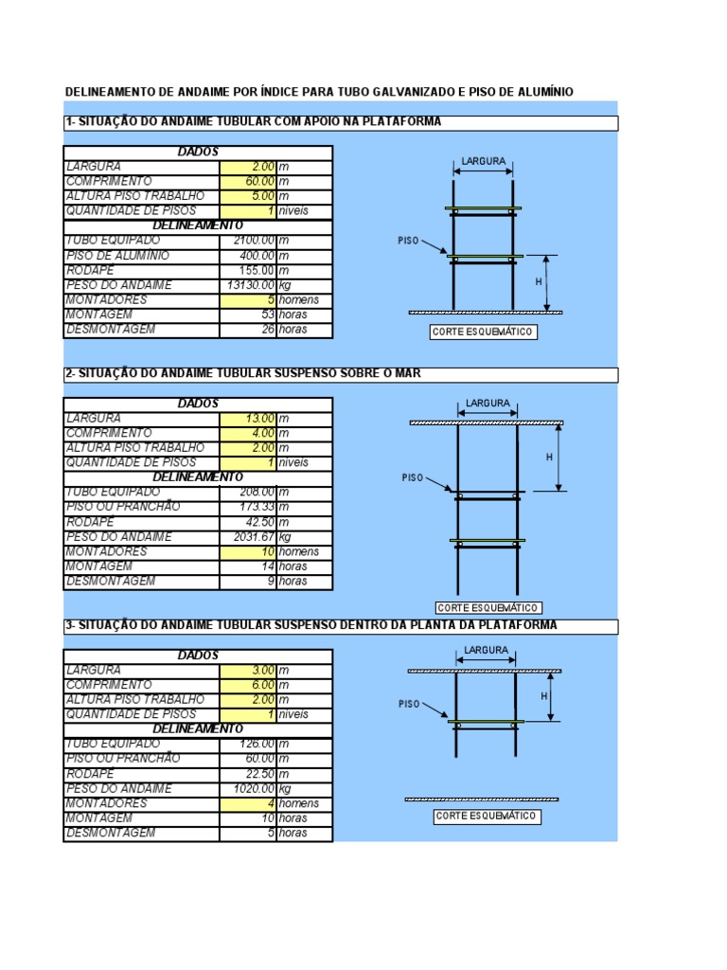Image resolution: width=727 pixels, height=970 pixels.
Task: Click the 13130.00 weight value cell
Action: point(248,285)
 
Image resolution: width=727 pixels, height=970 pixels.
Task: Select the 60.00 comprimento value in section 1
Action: point(248,181)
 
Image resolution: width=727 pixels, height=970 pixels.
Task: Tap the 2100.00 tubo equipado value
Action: point(248,241)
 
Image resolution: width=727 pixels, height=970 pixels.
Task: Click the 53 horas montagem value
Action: point(248,314)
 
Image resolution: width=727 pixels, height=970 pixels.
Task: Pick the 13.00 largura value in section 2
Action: point(248,418)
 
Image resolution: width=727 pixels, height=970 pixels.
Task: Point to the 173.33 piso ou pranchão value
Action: point(248,507)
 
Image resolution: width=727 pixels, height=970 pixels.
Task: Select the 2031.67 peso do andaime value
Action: point(248,537)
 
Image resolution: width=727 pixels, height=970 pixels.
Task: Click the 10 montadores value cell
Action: point(248,551)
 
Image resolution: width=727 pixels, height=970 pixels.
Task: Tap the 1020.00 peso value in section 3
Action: point(248,788)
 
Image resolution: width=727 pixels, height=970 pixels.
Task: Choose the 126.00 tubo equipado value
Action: point(248,744)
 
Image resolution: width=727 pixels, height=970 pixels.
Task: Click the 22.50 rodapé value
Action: point(248,773)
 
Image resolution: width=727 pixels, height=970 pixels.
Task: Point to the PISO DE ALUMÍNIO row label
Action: point(117,256)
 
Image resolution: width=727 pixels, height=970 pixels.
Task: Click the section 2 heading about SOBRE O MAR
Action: point(243,374)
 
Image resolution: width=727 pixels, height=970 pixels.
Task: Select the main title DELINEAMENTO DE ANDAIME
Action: point(318,92)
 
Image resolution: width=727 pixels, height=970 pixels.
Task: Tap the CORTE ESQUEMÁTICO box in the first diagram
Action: point(484,332)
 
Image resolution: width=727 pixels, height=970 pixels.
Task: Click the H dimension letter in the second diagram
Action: point(548,458)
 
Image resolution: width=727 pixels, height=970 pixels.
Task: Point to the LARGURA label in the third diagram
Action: point(487,651)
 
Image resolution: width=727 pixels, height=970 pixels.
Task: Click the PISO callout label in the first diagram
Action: point(408,242)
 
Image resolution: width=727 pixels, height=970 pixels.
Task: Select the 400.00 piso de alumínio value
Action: point(248,256)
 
